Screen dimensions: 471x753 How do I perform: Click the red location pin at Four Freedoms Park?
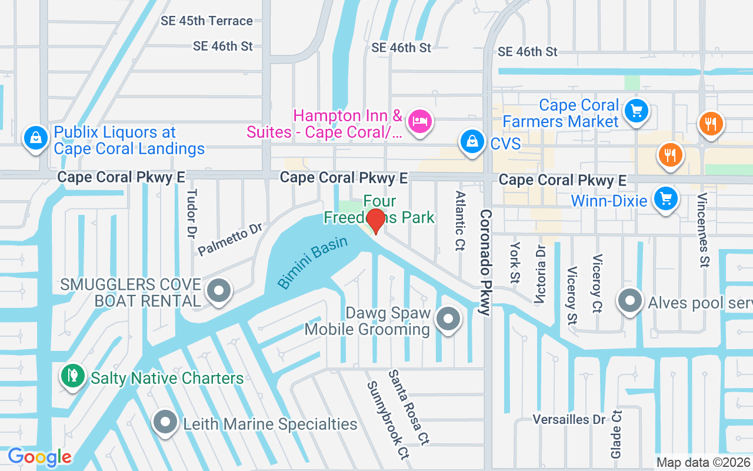[375, 221]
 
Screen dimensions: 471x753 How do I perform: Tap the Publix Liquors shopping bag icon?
[36, 138]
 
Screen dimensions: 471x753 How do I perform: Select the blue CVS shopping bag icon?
[472, 142]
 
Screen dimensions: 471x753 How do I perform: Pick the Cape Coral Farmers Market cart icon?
[635, 111]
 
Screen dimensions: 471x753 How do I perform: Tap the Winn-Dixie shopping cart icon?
[665, 199]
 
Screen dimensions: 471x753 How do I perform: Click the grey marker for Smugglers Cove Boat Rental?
[219, 290]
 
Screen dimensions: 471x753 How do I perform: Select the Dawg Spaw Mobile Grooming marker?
[448, 320]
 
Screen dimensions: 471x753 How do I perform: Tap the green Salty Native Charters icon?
[74, 376]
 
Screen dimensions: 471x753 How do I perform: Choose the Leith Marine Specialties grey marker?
[165, 422]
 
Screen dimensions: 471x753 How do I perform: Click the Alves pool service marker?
[629, 301]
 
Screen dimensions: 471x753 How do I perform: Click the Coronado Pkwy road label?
[485, 262]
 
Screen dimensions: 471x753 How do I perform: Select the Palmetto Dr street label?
[230, 239]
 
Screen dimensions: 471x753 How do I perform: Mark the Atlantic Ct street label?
[460, 220]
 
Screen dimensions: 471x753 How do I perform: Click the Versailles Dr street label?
[568, 419]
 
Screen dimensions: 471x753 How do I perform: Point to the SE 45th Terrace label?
[206, 21]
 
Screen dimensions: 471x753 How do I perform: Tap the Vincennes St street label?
[703, 230]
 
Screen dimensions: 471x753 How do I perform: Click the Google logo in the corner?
[39, 457]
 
